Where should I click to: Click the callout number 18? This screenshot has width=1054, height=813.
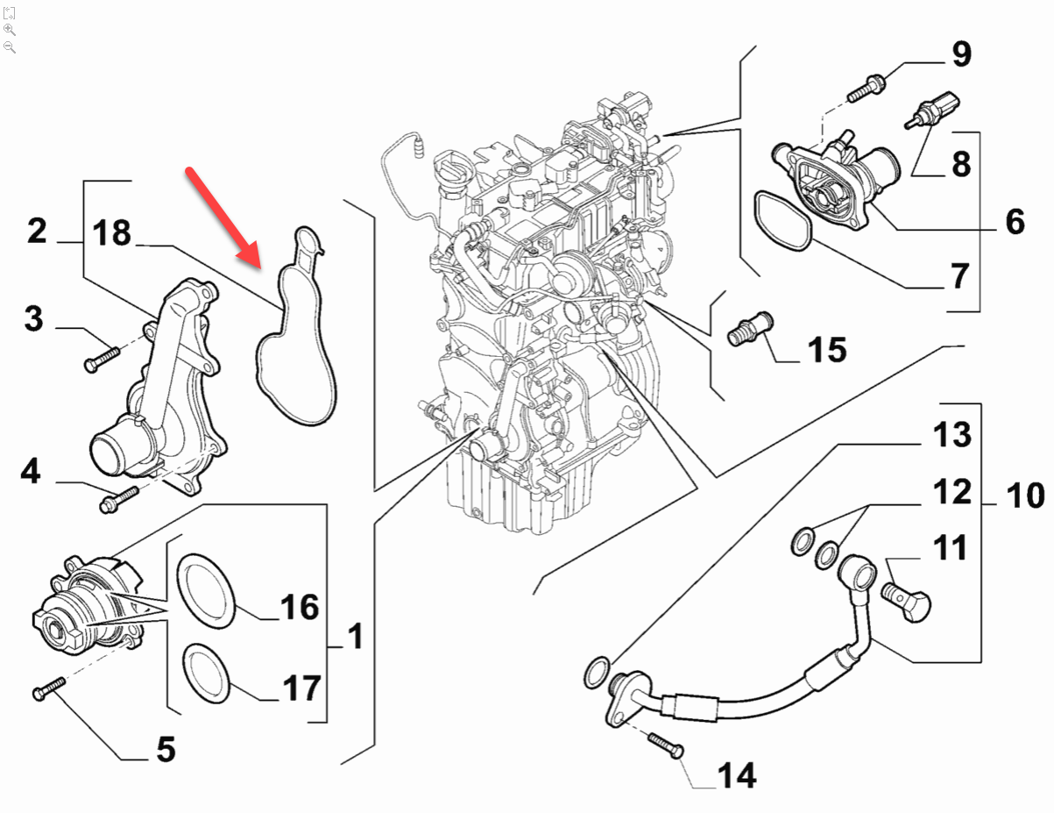click(110, 234)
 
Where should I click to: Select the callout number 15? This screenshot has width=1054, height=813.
click(826, 350)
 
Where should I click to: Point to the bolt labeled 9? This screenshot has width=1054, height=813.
click(867, 88)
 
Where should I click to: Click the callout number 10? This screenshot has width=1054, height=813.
click(1024, 496)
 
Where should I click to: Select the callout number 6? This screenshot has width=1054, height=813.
click(1015, 222)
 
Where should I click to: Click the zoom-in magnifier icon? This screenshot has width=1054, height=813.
click(10, 29)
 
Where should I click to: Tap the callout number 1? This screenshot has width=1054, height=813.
click(354, 638)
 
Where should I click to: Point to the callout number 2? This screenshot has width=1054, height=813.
click(36, 232)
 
